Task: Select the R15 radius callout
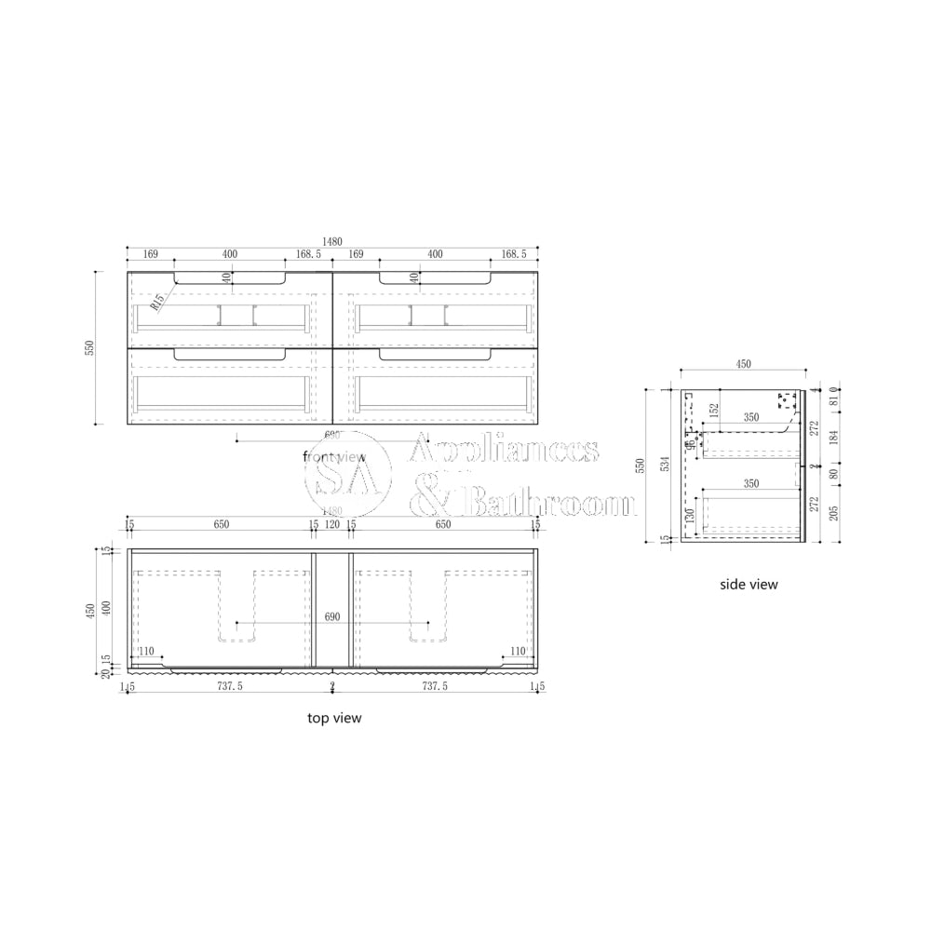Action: point(158,301)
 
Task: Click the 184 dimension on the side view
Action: point(833,436)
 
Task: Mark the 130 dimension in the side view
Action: point(690,516)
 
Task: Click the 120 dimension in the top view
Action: point(332,525)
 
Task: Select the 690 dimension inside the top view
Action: point(332,616)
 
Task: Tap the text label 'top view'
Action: point(334,718)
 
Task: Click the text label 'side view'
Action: point(749,585)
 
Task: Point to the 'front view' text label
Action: point(334,455)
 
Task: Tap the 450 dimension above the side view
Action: point(743,365)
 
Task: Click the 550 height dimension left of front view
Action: point(90,347)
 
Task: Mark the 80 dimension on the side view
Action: point(833,473)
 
